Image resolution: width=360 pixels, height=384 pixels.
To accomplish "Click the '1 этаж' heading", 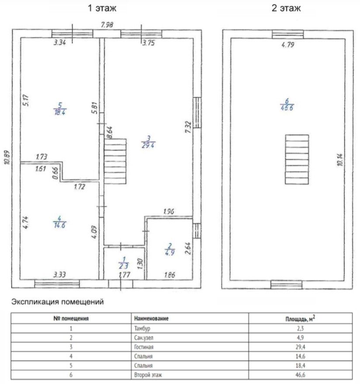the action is tap(102, 8).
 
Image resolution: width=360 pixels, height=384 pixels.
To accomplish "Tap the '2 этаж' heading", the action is tap(286, 8).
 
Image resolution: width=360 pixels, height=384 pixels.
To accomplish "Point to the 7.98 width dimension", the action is tap(107, 25).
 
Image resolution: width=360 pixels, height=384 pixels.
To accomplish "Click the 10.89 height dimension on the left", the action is tap(7, 157).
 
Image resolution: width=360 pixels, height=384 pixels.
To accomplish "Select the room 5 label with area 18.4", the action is tap(60, 109).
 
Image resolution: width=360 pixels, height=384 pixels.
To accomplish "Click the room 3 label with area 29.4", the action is tap(149, 142).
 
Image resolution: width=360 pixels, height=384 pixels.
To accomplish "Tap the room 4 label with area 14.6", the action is tap(59, 222).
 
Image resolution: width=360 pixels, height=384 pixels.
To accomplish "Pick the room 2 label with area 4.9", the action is tap(170, 249).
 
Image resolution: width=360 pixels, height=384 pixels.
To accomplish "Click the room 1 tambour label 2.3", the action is tap(124, 263).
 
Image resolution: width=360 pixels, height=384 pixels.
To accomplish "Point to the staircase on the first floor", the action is tap(115, 161).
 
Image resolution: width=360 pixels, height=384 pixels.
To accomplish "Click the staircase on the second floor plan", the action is tap(297, 159).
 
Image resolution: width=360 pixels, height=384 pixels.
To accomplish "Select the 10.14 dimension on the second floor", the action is tap(340, 160).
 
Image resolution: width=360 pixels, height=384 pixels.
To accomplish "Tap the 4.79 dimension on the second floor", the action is tap(288, 45).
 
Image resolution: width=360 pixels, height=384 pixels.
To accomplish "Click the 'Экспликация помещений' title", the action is tap(58, 302).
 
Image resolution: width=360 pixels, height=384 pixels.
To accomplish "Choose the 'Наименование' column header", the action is tap(151, 318).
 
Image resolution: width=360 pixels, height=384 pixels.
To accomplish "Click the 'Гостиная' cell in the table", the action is tap(144, 347).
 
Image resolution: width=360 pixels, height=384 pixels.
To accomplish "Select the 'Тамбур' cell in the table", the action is tap(142, 329).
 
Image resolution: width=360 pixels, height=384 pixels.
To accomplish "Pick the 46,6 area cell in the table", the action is tap(301, 375).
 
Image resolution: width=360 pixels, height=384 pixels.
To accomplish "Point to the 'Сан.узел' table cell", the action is tap(144, 338).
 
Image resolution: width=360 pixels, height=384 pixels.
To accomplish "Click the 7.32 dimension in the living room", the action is tap(188, 127).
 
